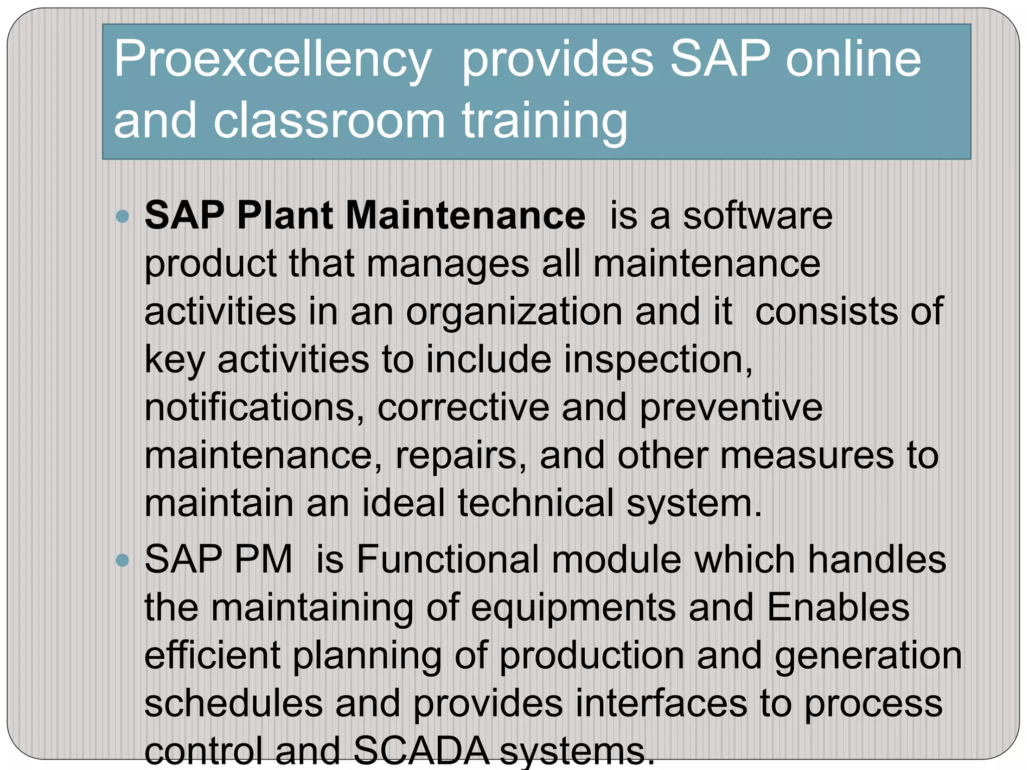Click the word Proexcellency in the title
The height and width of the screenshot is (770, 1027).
point(272,60)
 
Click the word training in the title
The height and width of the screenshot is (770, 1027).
point(545,121)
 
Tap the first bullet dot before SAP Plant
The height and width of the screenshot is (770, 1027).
point(122,217)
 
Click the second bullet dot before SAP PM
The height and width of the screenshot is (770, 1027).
point(122,560)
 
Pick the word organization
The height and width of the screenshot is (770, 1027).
point(514,311)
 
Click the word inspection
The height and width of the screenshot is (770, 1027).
point(657,360)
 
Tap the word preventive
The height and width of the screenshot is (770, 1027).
point(731,408)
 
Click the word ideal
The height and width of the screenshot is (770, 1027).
point(403,503)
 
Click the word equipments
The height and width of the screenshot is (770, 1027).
point(573,608)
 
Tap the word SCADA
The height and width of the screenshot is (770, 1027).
point(421,750)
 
